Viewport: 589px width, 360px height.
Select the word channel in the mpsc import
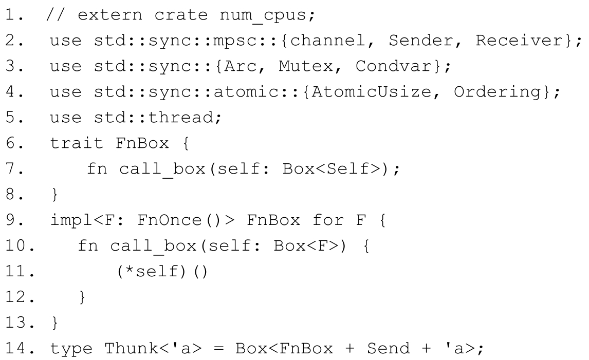pyautogui.click(x=327, y=41)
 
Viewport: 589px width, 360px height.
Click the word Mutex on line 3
pyautogui.click(x=306, y=66)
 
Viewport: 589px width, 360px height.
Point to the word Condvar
pyautogui.click(x=394, y=66)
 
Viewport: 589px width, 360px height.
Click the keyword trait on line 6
pyautogui.click(x=77, y=143)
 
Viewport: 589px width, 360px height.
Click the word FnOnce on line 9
pyautogui.click(x=170, y=220)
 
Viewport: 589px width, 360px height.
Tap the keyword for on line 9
pyautogui.click(x=328, y=220)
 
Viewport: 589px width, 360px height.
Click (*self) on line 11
pyautogui.click(x=152, y=271)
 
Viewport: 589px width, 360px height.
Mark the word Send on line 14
pyautogui.click(x=389, y=348)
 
